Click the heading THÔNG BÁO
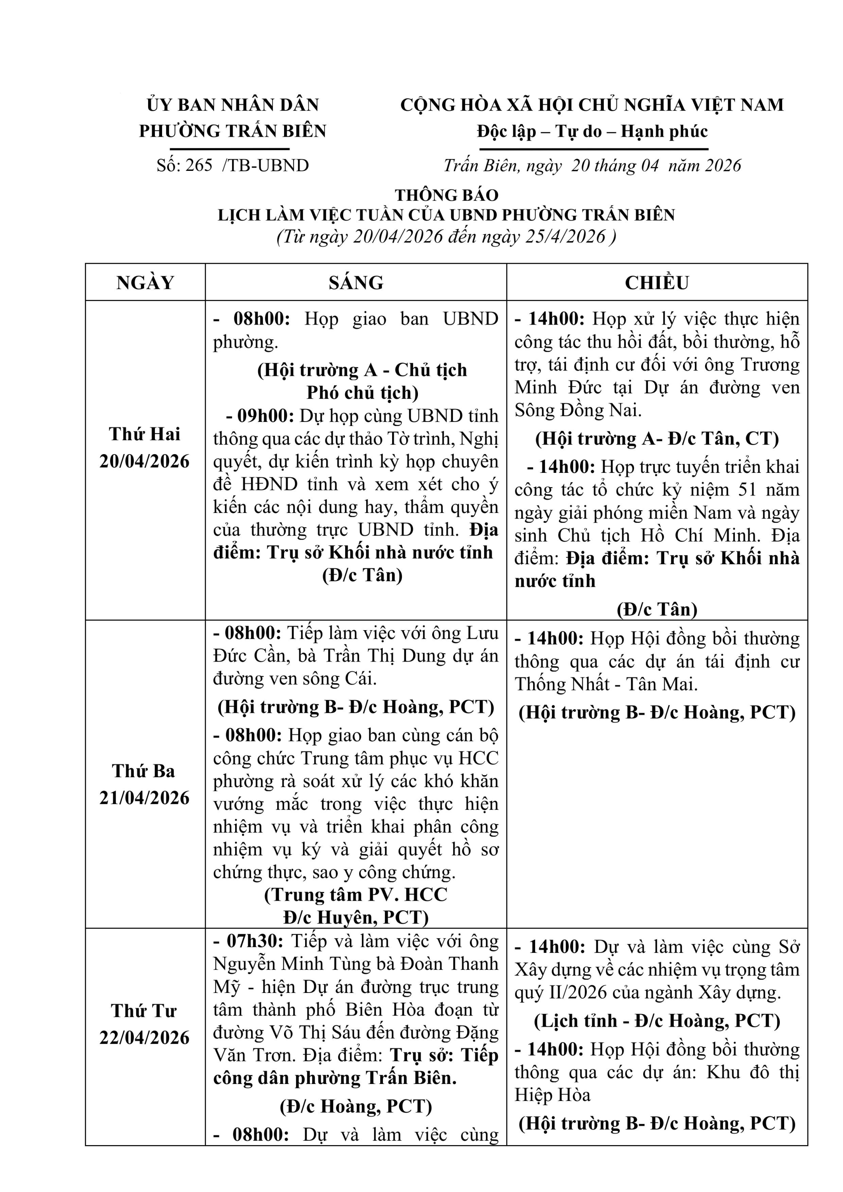(447, 195)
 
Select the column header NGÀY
(145, 283)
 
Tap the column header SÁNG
(356, 283)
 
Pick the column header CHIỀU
(657, 283)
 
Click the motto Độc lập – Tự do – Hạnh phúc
(592, 132)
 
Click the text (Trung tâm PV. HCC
(356, 894)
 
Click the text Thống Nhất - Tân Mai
(606, 684)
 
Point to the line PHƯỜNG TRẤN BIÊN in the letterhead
(232, 131)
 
